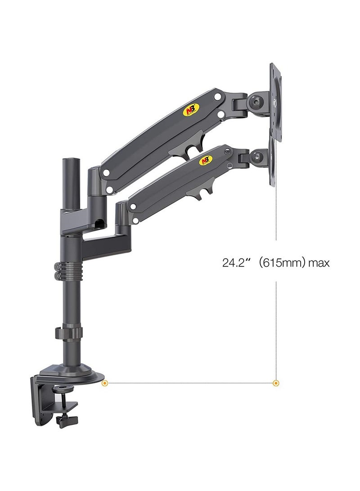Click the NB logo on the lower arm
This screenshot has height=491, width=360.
tap(205, 160)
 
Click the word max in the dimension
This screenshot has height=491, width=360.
tap(319, 263)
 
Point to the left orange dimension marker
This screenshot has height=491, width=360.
tap(105, 383)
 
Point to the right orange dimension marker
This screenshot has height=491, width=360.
tap(276, 383)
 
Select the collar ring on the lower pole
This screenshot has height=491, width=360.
tap(69, 333)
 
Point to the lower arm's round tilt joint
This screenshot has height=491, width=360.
tap(257, 157)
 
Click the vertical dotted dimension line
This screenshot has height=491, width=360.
tap(276, 315)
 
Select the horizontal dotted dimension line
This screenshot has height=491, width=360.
tap(189, 383)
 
